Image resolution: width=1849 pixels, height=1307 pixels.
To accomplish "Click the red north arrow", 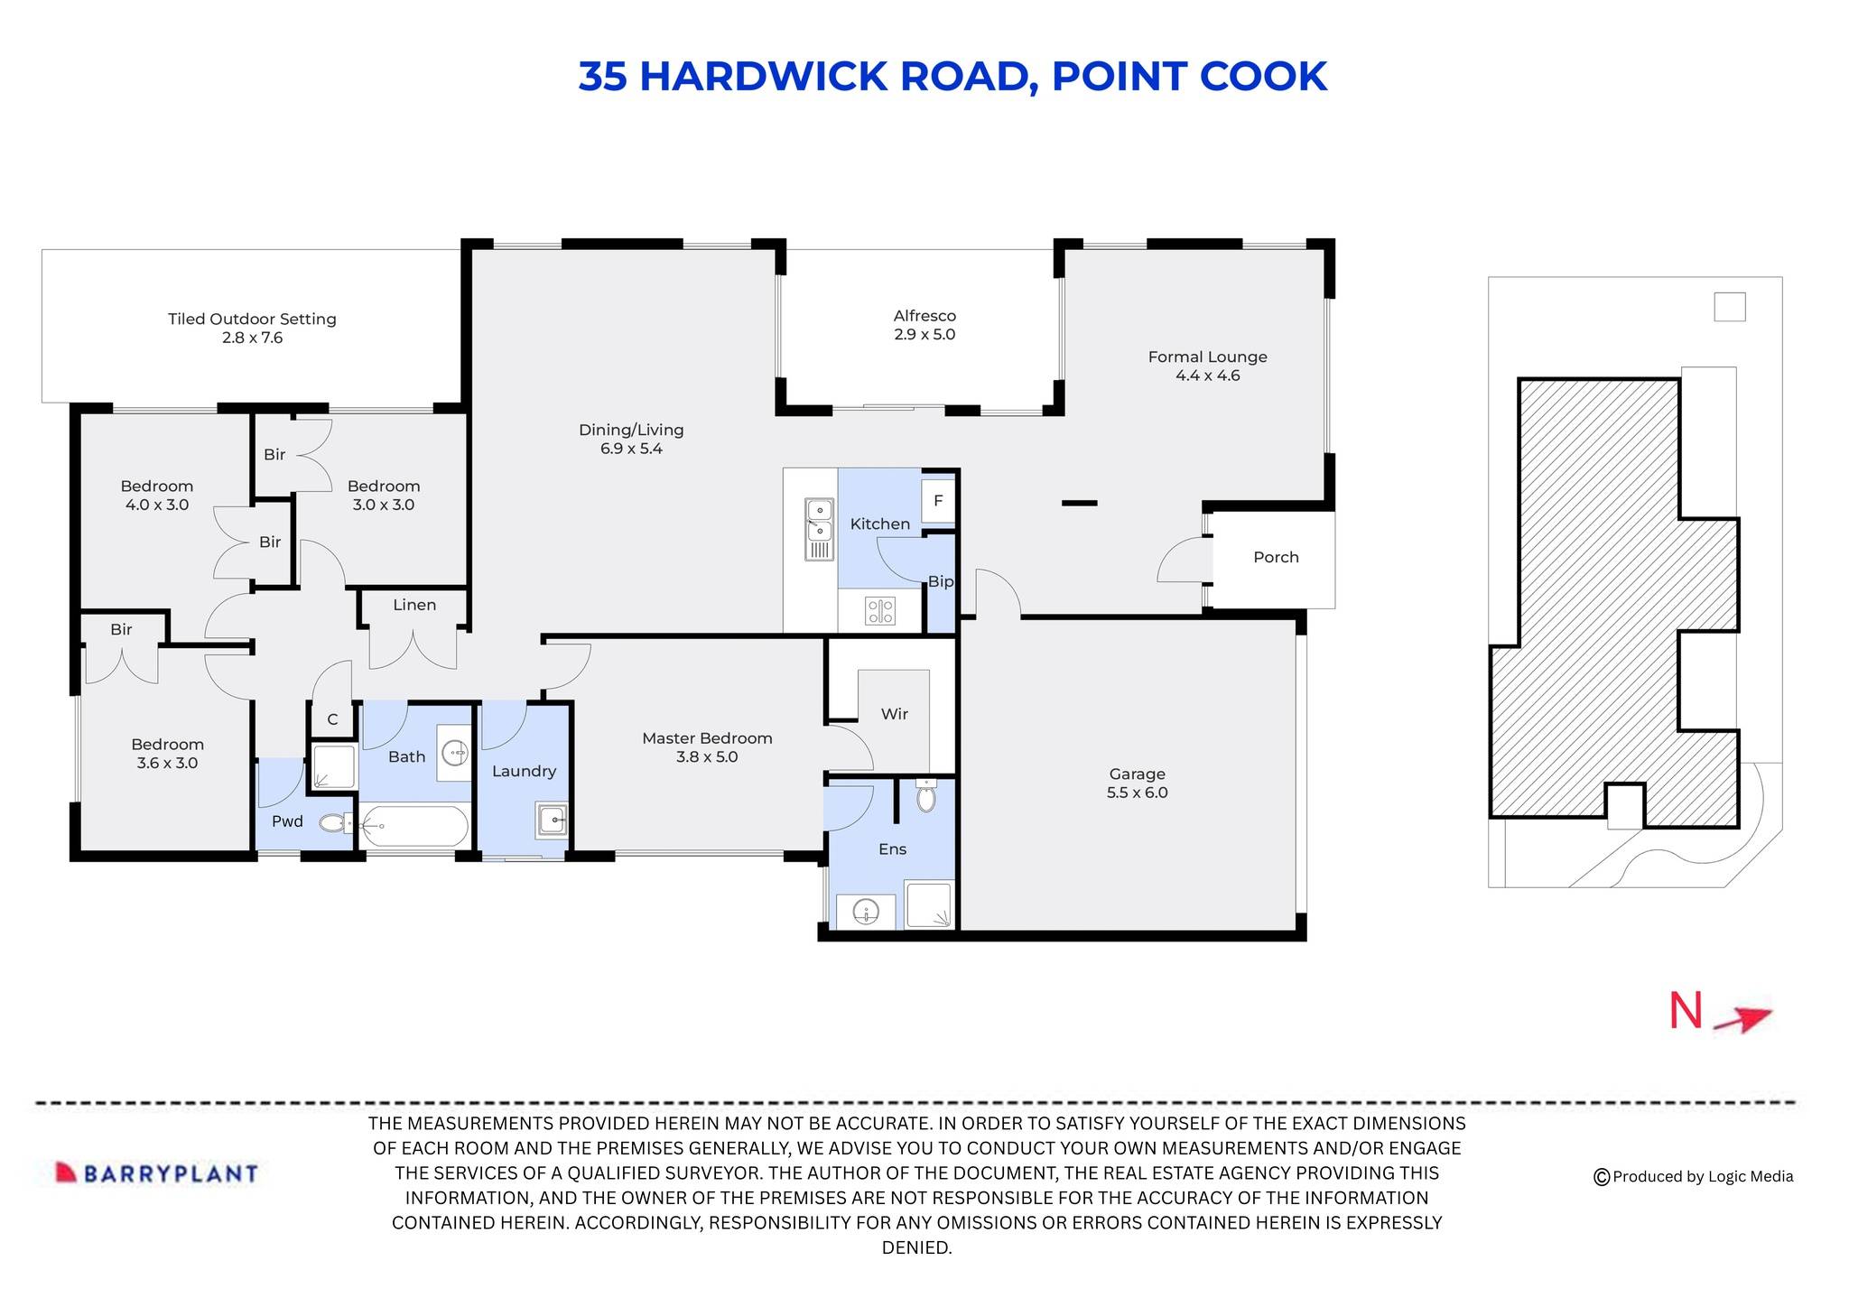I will click(1743, 1019).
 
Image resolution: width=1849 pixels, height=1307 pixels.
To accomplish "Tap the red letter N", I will click(1685, 1012).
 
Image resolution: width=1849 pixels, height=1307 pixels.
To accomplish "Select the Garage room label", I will click(1137, 774).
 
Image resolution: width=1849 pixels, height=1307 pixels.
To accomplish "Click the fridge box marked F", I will click(938, 500).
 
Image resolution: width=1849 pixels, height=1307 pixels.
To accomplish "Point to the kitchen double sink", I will click(819, 529).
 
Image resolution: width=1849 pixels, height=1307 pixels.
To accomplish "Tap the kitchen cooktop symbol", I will click(880, 611).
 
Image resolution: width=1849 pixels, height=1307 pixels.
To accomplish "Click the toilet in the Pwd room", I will click(335, 822).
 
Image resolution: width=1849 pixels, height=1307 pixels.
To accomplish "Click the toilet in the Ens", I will click(926, 797).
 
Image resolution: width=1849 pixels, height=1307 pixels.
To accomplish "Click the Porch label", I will click(1276, 557).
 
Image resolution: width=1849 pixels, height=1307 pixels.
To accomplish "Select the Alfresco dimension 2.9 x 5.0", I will click(924, 334).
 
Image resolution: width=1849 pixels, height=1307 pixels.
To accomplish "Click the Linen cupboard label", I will click(414, 605).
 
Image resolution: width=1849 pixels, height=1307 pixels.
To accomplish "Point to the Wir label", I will click(894, 714).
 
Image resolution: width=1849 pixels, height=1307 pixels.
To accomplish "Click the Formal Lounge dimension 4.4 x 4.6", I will click(1207, 375).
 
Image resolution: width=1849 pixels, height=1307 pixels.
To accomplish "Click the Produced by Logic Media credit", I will click(1694, 1176).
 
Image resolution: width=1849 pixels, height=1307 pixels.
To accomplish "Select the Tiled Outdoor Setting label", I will click(252, 319).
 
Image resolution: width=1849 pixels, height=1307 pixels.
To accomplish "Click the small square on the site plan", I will click(1729, 307).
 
